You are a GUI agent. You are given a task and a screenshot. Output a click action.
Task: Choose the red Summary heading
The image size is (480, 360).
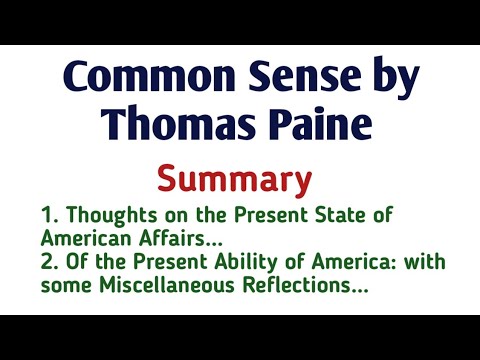point(240,181)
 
